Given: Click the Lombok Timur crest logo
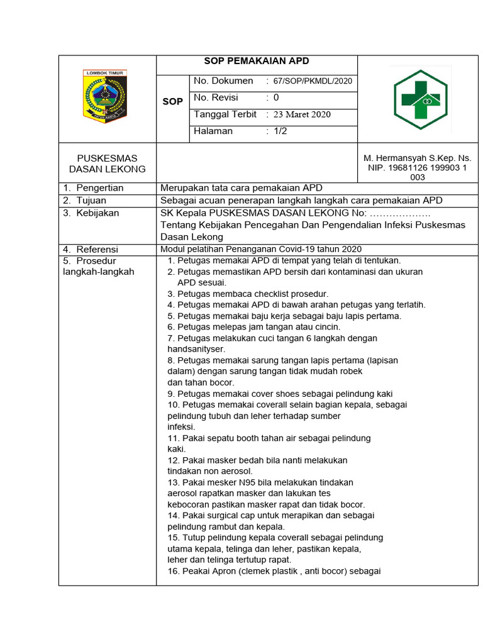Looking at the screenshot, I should [105, 96].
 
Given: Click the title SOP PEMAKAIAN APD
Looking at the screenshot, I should [257, 62].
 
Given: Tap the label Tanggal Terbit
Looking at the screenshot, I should [225, 114].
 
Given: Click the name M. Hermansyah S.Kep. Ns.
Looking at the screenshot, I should [417, 158].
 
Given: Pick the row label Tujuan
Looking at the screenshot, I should [91, 201].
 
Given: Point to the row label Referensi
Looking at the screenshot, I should [97, 249].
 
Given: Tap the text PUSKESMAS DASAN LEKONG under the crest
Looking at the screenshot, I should [107, 164].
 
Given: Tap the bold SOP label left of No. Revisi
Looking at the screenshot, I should [173, 101].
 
